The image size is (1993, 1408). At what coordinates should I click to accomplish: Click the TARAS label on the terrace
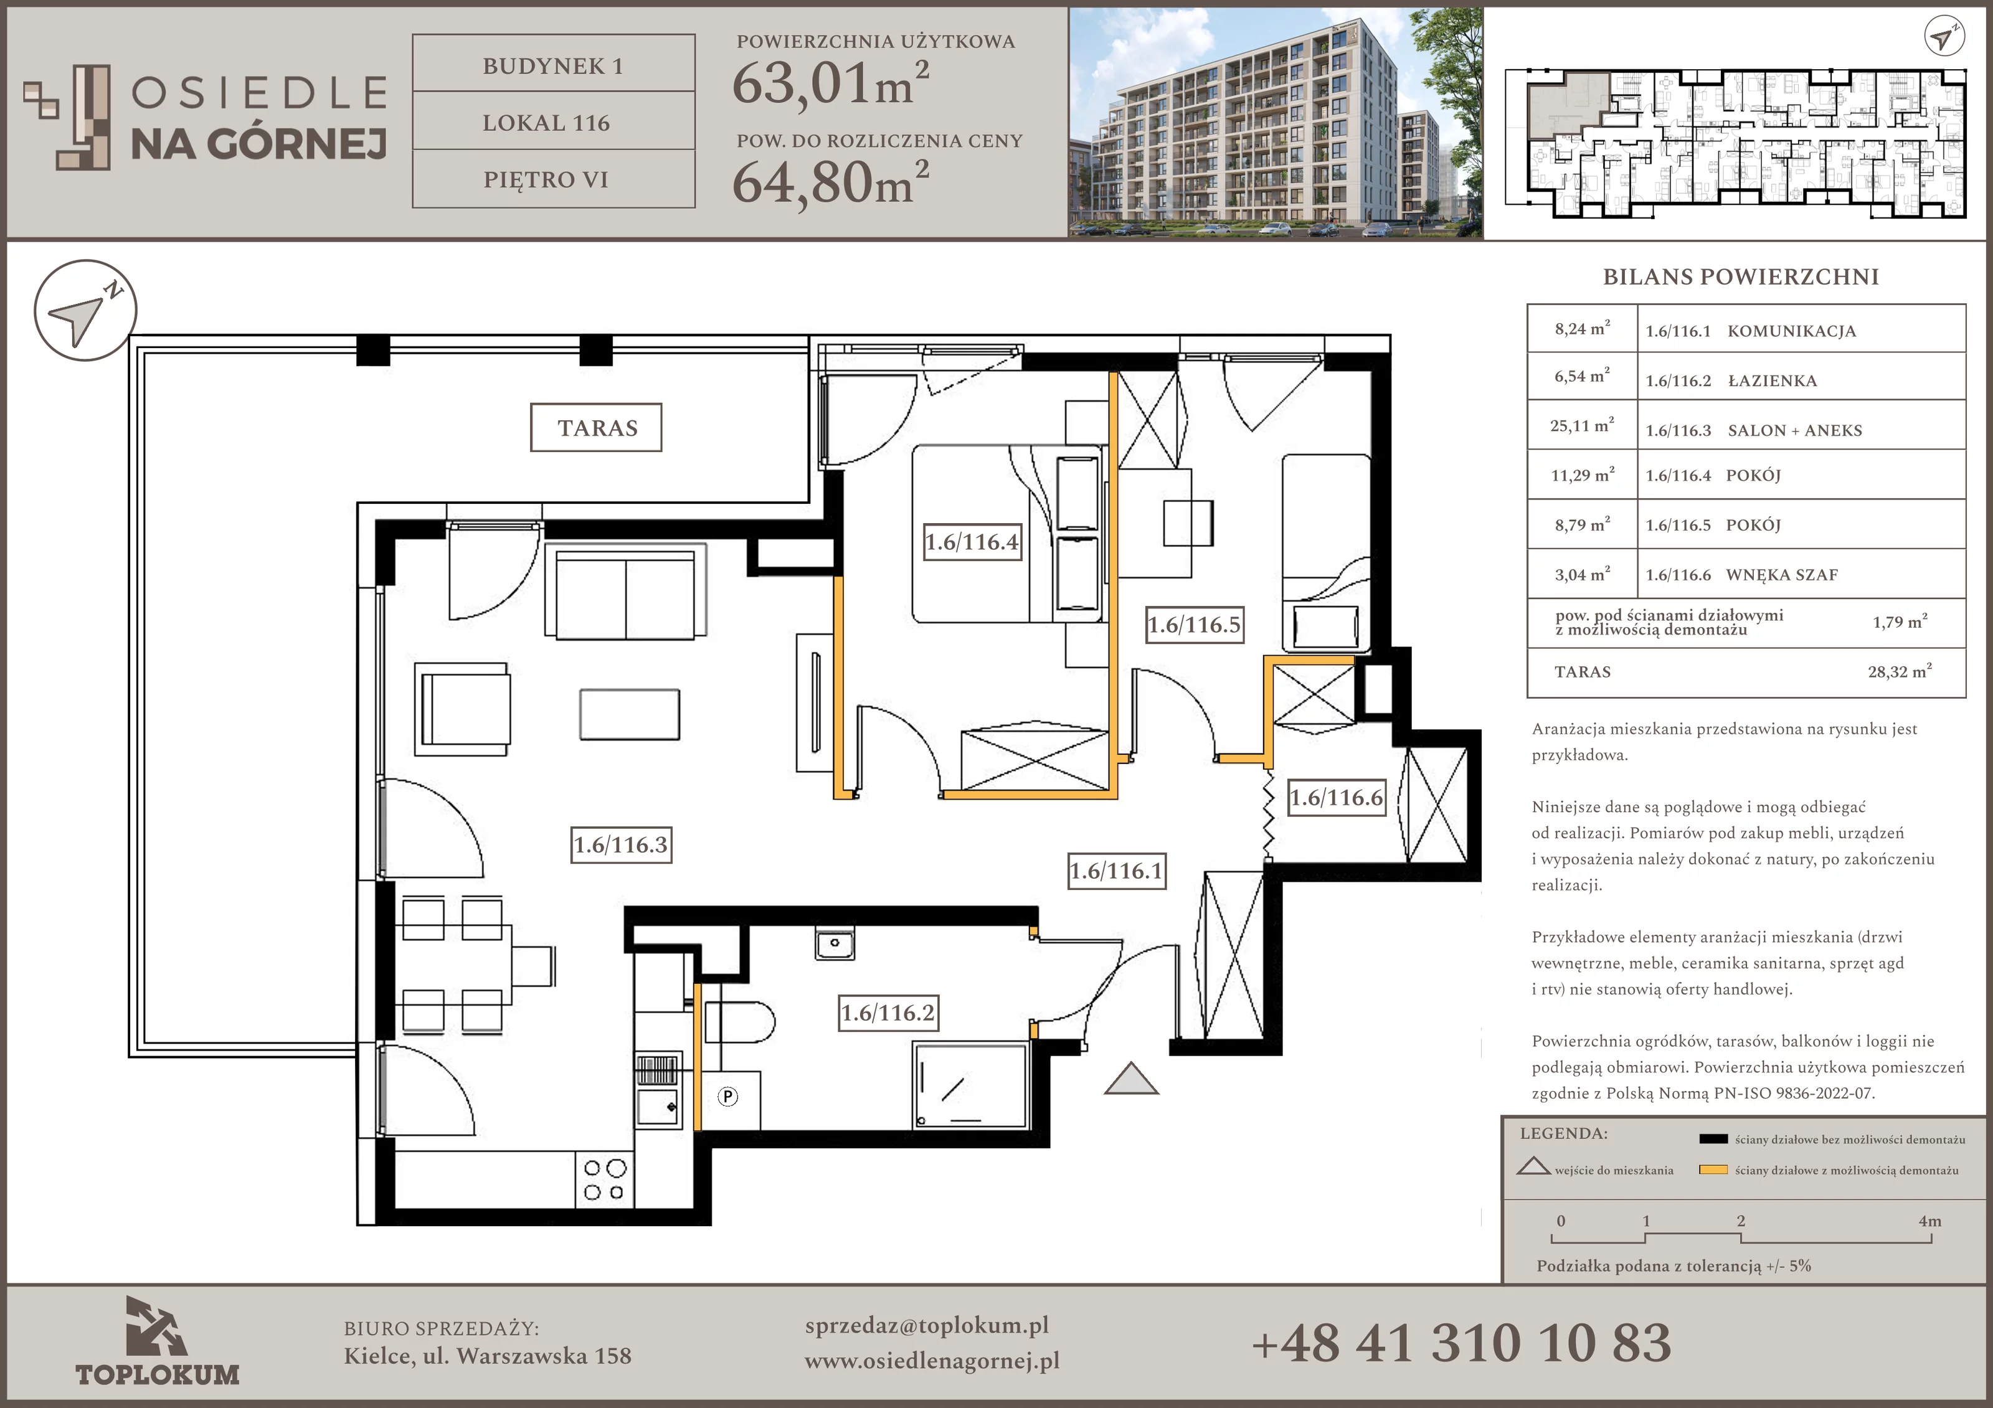[596, 428]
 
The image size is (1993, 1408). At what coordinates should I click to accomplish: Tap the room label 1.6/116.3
[621, 844]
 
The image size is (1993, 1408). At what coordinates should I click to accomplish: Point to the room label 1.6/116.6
[1336, 798]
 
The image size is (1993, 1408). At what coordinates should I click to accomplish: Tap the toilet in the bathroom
[739, 1023]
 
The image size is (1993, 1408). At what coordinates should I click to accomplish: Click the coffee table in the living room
[629, 714]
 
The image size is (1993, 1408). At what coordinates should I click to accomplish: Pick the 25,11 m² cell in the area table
[1581, 425]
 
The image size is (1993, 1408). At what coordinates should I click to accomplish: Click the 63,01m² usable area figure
[831, 83]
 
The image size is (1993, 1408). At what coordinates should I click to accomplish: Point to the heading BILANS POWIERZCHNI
[1740, 277]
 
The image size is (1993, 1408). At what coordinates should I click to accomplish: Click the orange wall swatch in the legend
[1713, 1169]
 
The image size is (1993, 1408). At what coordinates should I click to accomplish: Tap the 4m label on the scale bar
[1929, 1221]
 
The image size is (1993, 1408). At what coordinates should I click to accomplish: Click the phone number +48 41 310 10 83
[1462, 1343]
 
